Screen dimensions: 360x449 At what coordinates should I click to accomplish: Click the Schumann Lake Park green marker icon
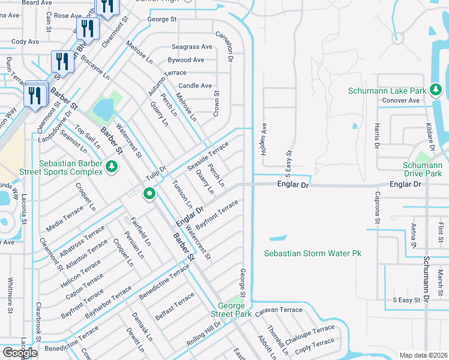pos(436,91)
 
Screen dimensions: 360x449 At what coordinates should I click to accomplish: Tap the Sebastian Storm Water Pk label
pos(313,254)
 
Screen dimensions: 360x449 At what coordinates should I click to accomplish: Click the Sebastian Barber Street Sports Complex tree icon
pos(110,166)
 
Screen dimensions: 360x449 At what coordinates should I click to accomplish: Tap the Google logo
pos(20,353)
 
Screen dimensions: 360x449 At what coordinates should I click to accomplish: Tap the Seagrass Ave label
pos(191,47)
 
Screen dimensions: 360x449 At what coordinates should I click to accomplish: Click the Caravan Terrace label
pos(279,310)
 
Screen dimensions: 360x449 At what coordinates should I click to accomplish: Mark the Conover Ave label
pos(402,100)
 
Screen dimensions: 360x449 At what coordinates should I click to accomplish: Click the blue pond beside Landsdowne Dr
pos(103,109)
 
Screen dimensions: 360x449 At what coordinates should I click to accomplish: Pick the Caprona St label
pos(378,207)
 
